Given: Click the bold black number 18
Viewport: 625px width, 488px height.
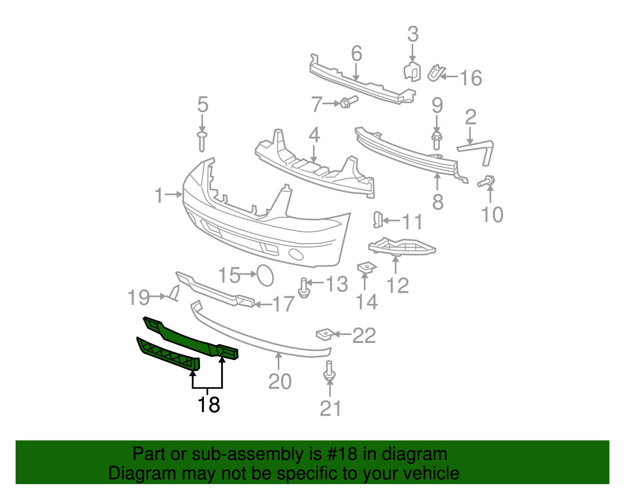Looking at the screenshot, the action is point(209,405).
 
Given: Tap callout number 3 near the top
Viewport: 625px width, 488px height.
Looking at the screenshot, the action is point(413,34).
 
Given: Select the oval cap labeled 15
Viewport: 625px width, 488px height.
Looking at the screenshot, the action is point(265,275).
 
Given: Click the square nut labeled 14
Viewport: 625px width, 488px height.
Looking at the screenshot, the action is point(367,268).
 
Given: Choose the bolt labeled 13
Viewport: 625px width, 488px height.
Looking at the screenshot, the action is point(304,288).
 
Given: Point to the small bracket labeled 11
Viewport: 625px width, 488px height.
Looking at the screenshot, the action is point(378,220).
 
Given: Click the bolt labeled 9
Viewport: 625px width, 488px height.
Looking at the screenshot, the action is point(437,140).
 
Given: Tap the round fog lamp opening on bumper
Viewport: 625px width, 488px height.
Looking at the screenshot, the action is point(296,255).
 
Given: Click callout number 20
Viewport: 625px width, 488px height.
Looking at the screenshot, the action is point(280,382).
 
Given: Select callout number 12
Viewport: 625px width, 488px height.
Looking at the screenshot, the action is point(398,286).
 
